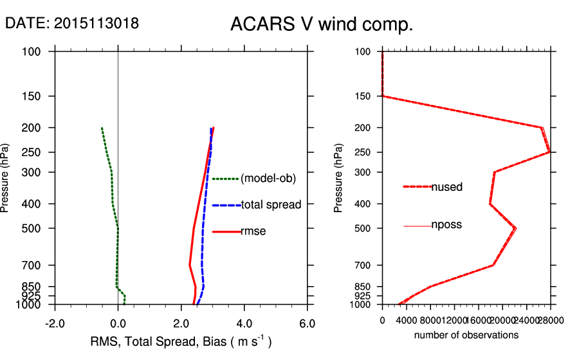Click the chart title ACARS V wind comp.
(x=322, y=24)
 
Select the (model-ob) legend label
(x=268, y=179)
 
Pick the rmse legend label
(x=253, y=231)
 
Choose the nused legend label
(x=446, y=187)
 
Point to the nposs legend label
(x=446, y=225)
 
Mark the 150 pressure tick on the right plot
(x=364, y=96)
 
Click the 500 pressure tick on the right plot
(x=364, y=228)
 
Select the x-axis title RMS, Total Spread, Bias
(x=181, y=341)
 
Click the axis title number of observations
(x=466, y=335)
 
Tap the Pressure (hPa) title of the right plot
(x=339, y=178)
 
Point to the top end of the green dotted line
(x=102, y=128)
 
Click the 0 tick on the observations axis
(x=383, y=320)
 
